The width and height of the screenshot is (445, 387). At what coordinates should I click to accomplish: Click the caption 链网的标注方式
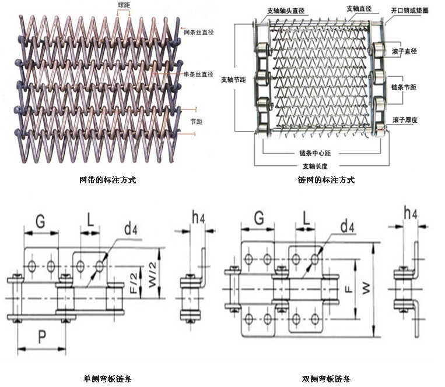325,180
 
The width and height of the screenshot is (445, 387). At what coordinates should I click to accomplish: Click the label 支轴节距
233,79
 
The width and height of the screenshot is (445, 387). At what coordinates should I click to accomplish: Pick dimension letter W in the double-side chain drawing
366,288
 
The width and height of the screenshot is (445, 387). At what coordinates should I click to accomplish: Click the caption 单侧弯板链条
107,379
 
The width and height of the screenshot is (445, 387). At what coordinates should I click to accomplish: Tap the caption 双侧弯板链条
325,379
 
